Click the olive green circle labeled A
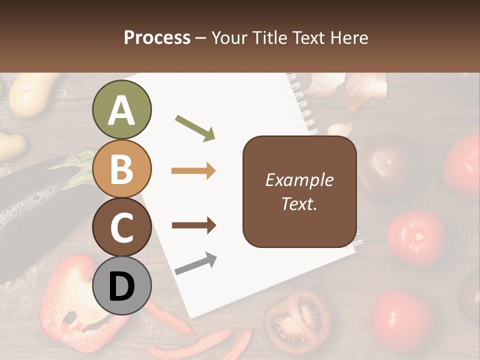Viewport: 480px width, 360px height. pos(121,110)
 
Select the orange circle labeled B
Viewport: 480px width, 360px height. pos(121,169)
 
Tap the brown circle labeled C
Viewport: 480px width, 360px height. pos(121,227)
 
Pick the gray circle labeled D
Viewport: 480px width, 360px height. pos(121,285)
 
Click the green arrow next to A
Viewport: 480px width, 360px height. pos(195,127)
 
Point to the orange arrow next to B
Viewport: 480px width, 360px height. pos(193,171)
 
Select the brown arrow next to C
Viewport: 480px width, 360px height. pos(193,225)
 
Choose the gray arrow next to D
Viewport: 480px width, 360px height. pos(195,264)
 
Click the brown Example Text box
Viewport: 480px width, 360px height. pos(299,191)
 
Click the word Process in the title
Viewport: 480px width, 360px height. pos(157,37)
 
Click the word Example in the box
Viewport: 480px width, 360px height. pos(299,180)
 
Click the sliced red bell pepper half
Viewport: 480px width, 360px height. pos(80,300)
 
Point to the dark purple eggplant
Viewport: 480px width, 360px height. pos(30,210)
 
